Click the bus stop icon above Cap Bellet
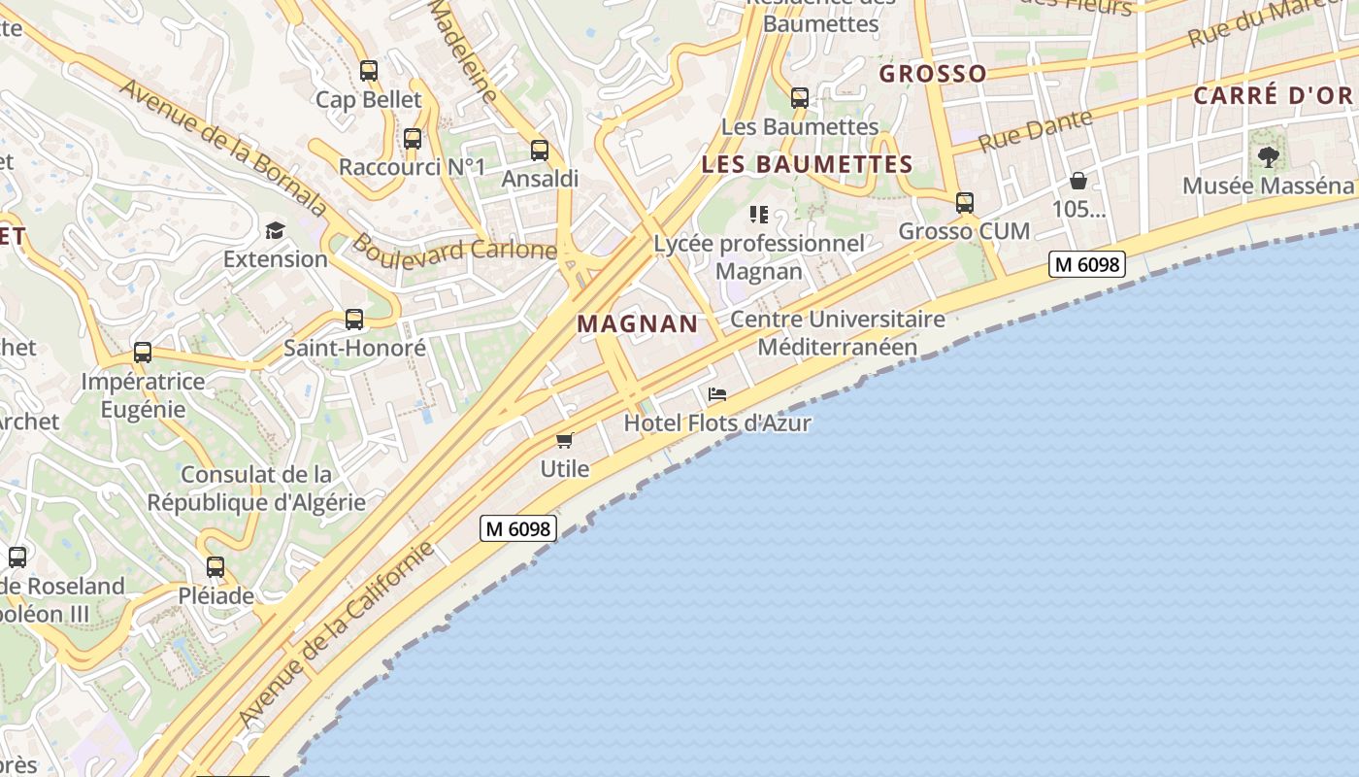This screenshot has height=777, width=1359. tap(368, 71)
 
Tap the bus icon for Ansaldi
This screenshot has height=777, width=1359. tap(540, 151)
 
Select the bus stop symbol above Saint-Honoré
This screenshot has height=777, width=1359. tap(354, 320)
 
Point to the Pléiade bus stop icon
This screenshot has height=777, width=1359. tap(215, 567)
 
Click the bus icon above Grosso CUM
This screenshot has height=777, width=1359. tap(964, 203)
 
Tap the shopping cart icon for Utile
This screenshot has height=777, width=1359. tap(565, 440)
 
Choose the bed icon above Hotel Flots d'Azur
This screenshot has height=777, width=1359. tap(717, 394)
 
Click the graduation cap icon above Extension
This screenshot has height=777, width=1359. tap(276, 231)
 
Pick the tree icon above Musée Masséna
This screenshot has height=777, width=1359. tap(1268, 156)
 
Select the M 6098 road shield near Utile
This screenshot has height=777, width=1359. tap(518, 529)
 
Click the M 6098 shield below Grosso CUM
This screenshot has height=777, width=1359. tap(1086, 263)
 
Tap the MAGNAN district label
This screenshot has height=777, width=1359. tap(638, 324)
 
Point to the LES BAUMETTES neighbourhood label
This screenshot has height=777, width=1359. tap(807, 164)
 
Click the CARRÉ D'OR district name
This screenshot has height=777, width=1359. tap(1273, 96)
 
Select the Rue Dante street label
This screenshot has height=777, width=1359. tap(1035, 131)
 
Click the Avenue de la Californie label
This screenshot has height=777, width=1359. tap(336, 636)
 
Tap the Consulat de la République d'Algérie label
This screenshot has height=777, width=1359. tap(256, 489)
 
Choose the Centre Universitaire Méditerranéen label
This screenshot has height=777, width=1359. tap(837, 333)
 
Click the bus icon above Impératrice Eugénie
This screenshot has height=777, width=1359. tap(143, 354)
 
